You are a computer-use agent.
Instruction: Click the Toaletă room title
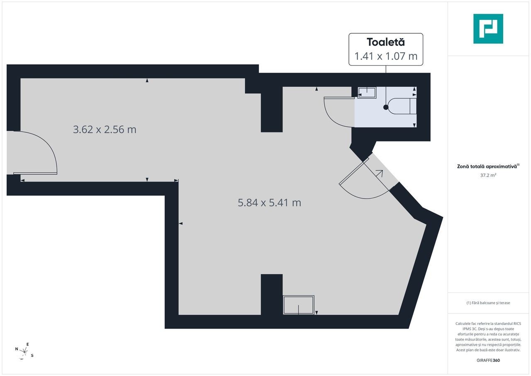click(x=386, y=42)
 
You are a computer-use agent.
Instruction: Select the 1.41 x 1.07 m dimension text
click(x=386, y=56)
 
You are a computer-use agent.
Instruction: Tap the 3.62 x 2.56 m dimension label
click(x=105, y=129)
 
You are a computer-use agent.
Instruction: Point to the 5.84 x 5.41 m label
click(x=269, y=203)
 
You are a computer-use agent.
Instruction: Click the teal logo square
click(x=488, y=29)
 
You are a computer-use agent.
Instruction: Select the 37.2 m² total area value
click(x=488, y=175)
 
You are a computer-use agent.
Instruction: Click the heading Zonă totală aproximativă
click(x=488, y=166)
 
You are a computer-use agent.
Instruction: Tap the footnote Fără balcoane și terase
click(x=488, y=303)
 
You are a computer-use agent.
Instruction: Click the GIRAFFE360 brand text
click(x=488, y=360)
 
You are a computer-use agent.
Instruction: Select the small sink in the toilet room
click(x=367, y=93)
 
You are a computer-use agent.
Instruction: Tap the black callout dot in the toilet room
click(x=386, y=107)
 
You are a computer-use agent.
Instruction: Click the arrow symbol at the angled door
click(x=380, y=173)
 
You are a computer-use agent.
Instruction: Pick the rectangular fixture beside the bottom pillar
click(x=298, y=305)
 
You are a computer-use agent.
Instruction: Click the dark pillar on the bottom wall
click(x=272, y=294)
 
